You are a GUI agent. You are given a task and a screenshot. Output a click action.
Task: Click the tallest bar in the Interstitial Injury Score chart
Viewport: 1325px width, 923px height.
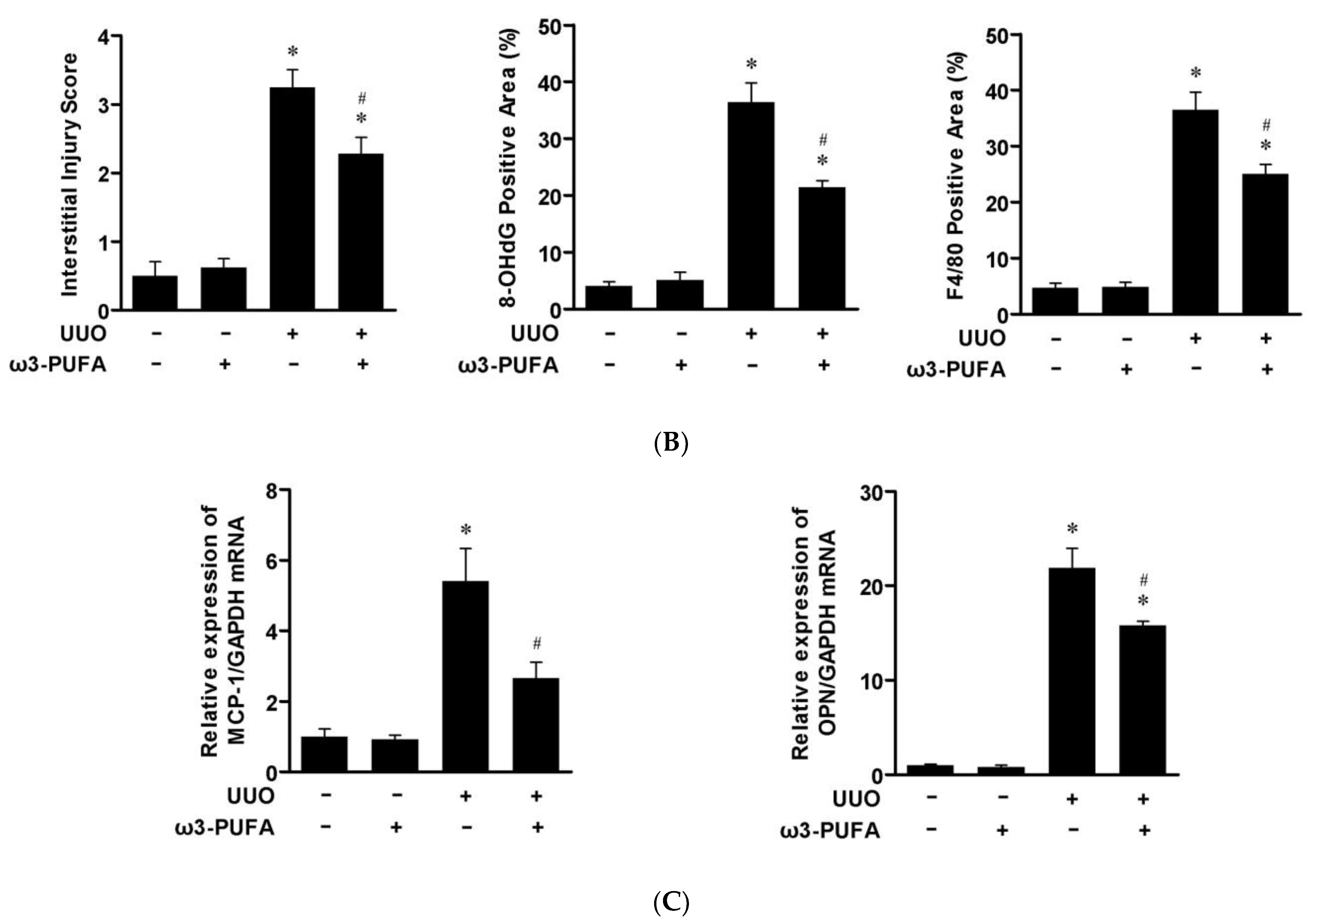point(293,199)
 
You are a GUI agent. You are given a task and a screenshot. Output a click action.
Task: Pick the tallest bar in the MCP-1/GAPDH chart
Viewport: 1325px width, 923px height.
point(465,676)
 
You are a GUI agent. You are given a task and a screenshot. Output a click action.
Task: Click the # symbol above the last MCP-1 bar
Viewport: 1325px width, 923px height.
point(537,643)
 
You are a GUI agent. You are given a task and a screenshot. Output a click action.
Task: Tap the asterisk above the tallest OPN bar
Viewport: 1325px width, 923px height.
point(1072,529)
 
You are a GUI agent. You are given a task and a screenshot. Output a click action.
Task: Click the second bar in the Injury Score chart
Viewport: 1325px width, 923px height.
point(224,289)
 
